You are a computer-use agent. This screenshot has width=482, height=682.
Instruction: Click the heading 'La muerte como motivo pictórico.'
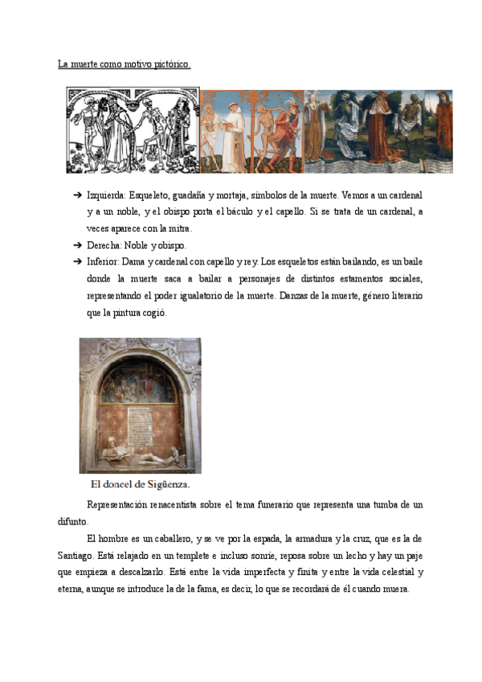(x=124, y=64)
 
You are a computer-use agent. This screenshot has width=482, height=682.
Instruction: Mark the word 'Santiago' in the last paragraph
(x=104, y=555)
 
